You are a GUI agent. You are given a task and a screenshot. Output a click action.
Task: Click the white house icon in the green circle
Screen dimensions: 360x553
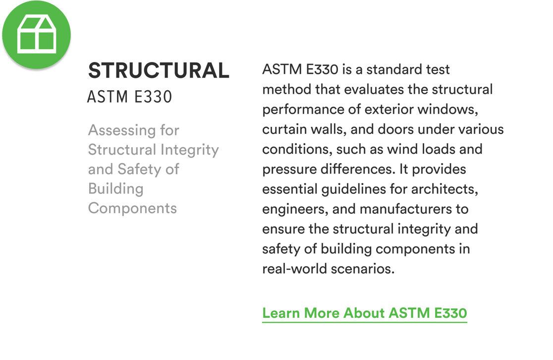point(36,34)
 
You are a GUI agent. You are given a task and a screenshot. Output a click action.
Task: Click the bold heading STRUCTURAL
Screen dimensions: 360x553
point(159,70)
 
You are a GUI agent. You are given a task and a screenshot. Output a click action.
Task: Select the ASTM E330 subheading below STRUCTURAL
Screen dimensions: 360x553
point(130,97)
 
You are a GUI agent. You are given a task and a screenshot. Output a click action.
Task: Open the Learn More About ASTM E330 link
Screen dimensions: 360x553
point(364,313)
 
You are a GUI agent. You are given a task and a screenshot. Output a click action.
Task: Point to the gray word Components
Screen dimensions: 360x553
point(132,208)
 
